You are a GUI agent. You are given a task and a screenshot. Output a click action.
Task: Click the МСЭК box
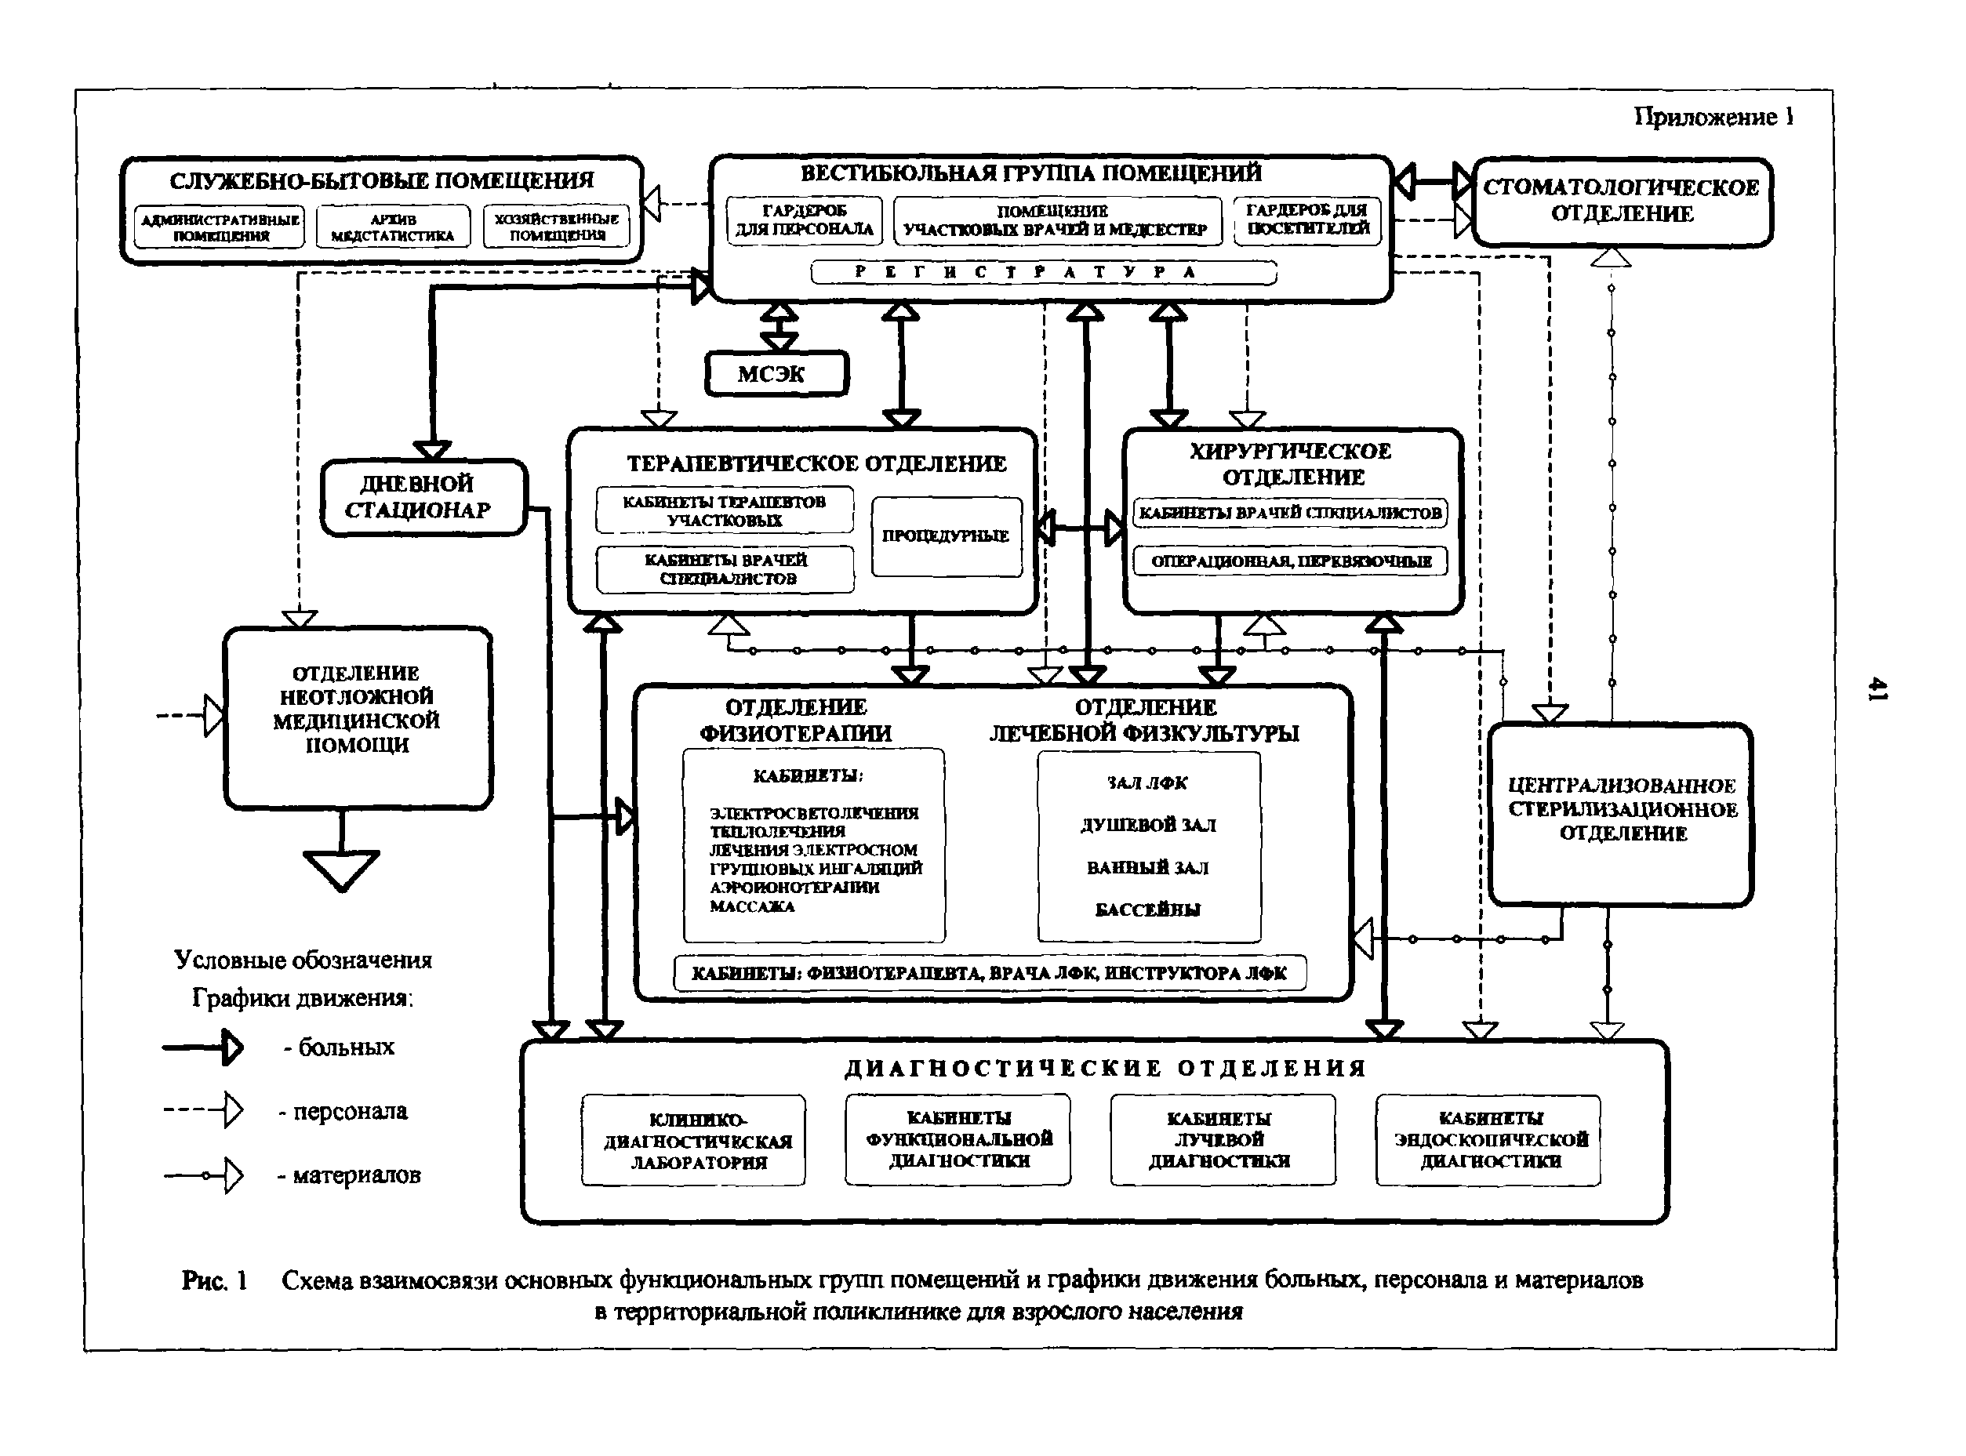click(x=776, y=374)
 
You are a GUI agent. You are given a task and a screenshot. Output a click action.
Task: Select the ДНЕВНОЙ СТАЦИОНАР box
click(x=423, y=497)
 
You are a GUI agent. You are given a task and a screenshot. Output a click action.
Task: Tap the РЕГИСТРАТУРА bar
click(x=1043, y=272)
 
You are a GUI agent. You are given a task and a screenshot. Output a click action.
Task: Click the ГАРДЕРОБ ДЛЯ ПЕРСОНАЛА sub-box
click(x=804, y=220)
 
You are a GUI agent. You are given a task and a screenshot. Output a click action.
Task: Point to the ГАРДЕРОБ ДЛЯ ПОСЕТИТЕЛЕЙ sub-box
click(x=1306, y=220)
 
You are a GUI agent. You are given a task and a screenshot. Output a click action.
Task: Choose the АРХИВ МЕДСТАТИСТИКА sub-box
click(x=393, y=227)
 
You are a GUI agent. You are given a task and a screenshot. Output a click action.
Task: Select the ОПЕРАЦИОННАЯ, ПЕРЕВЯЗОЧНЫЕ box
click(x=1290, y=561)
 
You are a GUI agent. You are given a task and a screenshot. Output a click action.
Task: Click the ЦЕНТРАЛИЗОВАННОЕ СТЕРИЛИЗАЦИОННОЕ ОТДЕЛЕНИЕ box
click(x=1620, y=811)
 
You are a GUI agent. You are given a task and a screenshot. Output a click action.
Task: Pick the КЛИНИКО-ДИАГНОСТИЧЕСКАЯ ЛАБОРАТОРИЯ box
click(x=694, y=1141)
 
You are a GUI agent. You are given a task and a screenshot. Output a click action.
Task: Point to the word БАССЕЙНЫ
click(x=1147, y=910)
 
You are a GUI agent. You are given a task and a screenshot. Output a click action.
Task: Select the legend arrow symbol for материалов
click(x=205, y=1175)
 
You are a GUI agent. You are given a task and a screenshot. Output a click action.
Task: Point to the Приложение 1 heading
click(x=1713, y=118)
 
